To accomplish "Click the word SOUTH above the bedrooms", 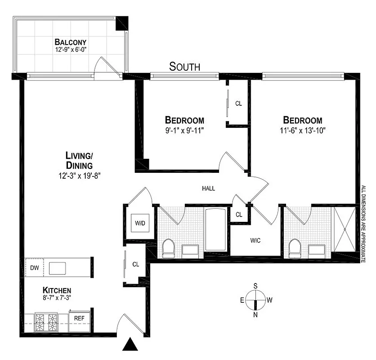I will [184, 67].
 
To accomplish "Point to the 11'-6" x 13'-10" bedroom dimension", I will [302, 130].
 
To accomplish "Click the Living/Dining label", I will [79, 160].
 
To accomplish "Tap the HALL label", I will [208, 189].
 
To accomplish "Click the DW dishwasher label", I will [35, 268].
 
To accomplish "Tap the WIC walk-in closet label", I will [255, 241].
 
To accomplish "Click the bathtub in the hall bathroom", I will [217, 229].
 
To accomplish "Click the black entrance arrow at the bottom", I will [130, 345].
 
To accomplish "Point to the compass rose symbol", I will [255, 300].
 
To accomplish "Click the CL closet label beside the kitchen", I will [136, 264].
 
